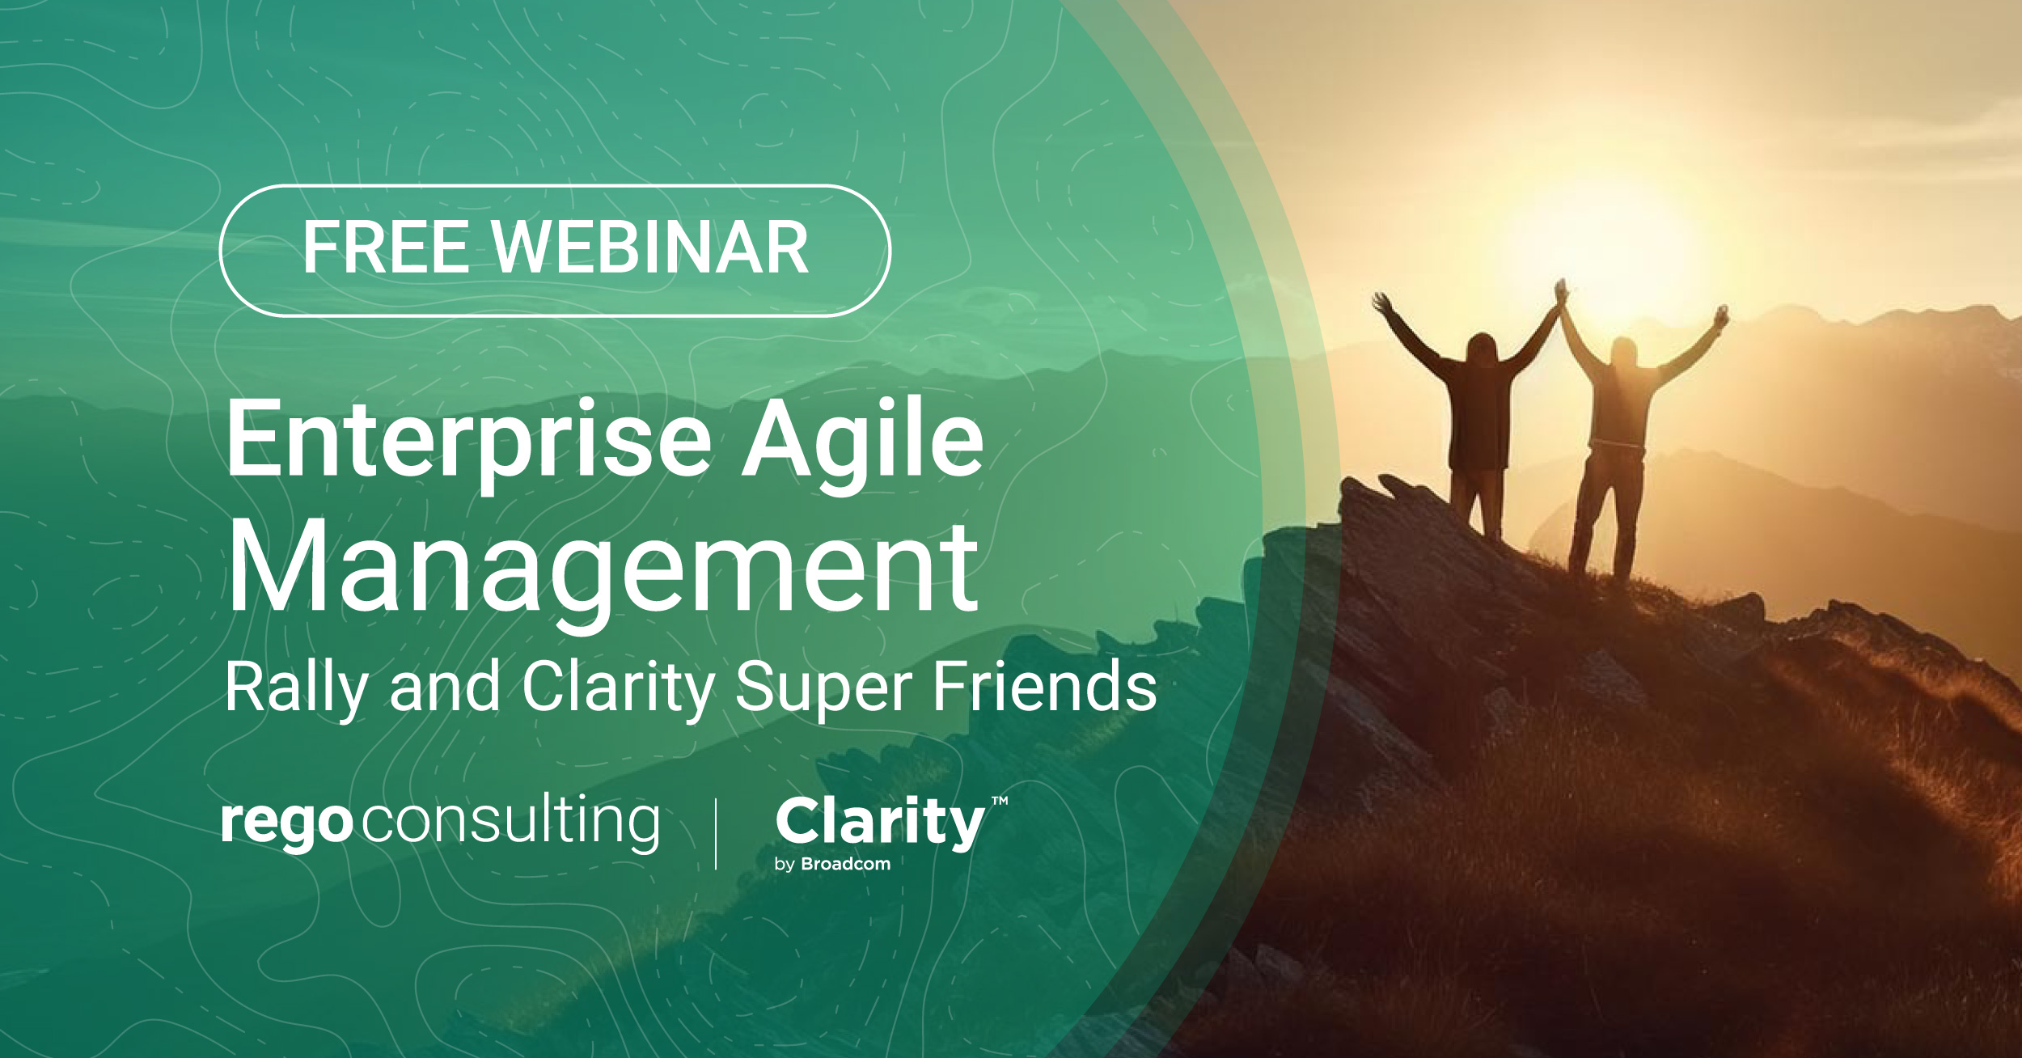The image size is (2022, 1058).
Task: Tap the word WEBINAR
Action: pyautogui.click(x=650, y=248)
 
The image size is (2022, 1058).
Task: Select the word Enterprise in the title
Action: pyautogui.click(x=468, y=442)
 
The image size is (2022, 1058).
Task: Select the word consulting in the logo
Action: pyautogui.click(x=510, y=822)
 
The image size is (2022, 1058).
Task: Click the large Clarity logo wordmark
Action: pyautogui.click(x=880, y=822)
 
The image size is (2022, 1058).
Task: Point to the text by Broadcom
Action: pyautogui.click(x=832, y=864)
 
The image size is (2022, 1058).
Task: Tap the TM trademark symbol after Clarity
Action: pyautogui.click(x=1000, y=802)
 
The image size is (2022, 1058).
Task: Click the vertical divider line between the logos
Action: pyautogui.click(x=716, y=833)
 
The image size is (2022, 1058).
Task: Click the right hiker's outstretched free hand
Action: pyautogui.click(x=1723, y=314)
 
